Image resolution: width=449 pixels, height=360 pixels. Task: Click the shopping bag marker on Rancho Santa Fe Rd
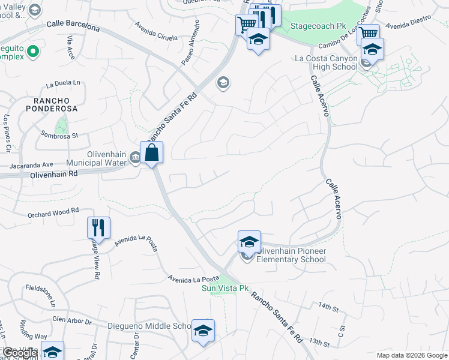coord(152,152)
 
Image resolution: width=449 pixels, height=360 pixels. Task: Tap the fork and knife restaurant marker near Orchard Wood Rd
coord(98,227)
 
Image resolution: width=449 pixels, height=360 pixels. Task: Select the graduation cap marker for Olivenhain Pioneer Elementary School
coord(249,242)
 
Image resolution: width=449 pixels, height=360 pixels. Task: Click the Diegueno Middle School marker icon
coord(203,330)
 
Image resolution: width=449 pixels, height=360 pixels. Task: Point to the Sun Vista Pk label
coord(224,288)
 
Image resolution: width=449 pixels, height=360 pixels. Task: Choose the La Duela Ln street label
coord(62,84)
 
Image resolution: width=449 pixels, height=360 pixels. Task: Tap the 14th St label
coord(329,307)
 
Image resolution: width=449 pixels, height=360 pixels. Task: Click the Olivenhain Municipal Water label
coord(105,158)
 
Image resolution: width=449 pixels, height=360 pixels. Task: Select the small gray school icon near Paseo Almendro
coord(223,82)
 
